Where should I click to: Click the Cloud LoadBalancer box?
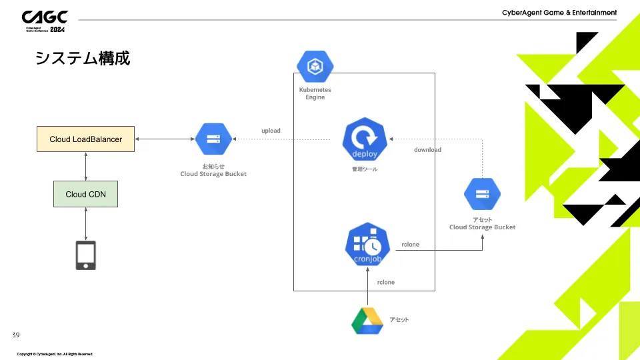tap(85, 139)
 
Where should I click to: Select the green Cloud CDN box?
tap(85, 194)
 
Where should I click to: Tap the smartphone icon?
tap(85, 255)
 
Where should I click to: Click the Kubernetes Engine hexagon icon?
tap(315, 66)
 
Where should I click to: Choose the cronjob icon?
tap(367, 245)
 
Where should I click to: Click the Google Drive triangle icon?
tap(367, 320)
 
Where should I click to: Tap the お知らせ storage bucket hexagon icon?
tap(213, 139)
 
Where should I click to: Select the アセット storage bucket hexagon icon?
tap(482, 195)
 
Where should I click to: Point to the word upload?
tap(271, 131)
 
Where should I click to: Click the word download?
tap(427, 150)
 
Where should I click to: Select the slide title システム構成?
tap(82, 59)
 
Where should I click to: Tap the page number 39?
tap(17, 333)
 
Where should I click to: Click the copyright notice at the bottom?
tap(55, 354)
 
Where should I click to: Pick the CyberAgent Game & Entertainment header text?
tap(559, 13)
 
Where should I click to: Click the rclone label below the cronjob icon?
tap(385, 283)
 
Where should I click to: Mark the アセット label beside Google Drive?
tap(399, 320)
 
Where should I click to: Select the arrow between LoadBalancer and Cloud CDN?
tap(86, 166)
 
